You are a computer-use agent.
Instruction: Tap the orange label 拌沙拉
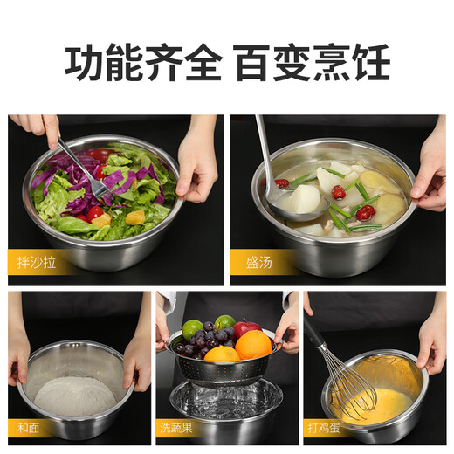pyautogui.click(x=37, y=261)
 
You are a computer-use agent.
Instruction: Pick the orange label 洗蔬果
pyautogui.click(x=179, y=429)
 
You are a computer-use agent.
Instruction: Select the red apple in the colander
pyautogui.click(x=246, y=329)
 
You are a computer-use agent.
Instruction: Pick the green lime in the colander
pyautogui.click(x=192, y=330)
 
